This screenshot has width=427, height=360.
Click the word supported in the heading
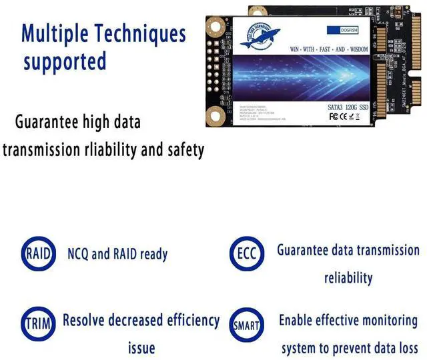pos(65,61)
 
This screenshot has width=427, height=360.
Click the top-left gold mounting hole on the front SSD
pos(215,28)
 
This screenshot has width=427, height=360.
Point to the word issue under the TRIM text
pos(141,348)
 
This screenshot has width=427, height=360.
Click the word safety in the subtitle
pos(182,150)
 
